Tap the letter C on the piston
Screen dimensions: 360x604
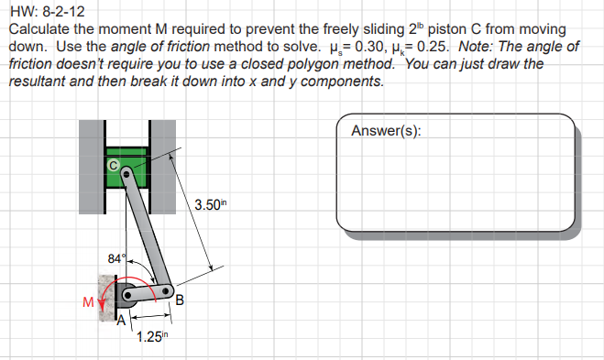click(x=114, y=165)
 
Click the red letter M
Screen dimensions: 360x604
click(x=88, y=300)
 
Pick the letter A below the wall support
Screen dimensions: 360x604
click(x=118, y=321)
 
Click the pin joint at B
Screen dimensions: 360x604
click(x=167, y=291)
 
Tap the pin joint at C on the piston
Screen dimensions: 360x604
click(x=126, y=170)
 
